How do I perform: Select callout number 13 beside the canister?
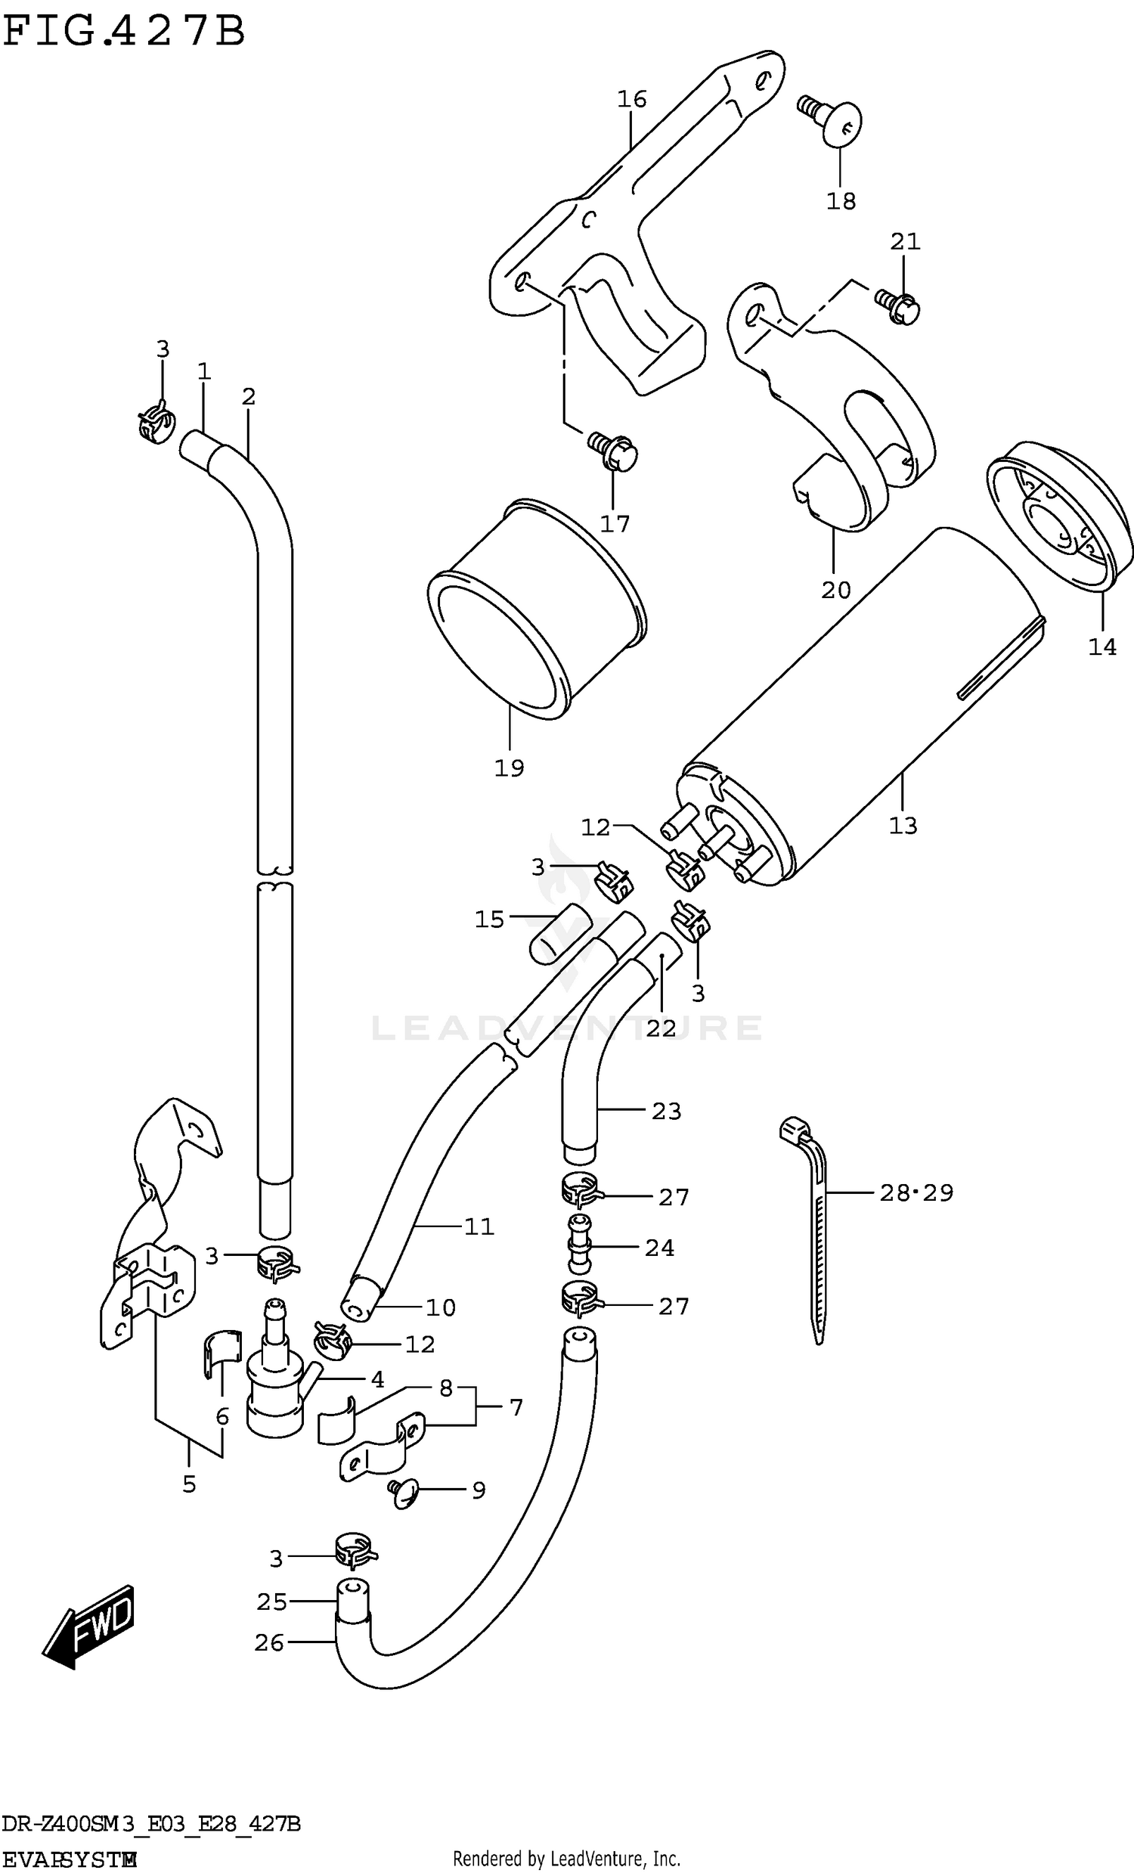(x=903, y=825)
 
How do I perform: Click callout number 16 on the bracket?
(x=631, y=99)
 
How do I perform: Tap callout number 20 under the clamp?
(x=835, y=590)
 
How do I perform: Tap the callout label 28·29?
(x=916, y=1192)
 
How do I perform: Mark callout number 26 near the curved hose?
(x=269, y=1642)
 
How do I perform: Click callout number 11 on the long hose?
(x=479, y=1226)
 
